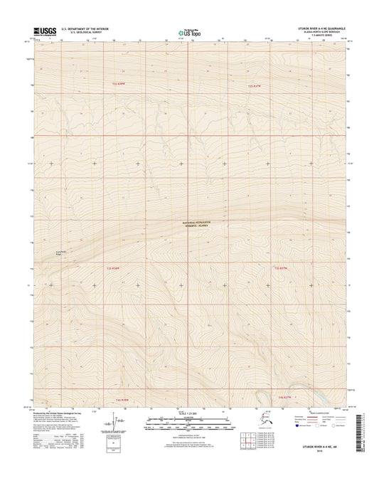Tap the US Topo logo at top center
188,31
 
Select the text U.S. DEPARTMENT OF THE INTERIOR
86,28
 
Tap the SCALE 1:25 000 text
188,414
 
